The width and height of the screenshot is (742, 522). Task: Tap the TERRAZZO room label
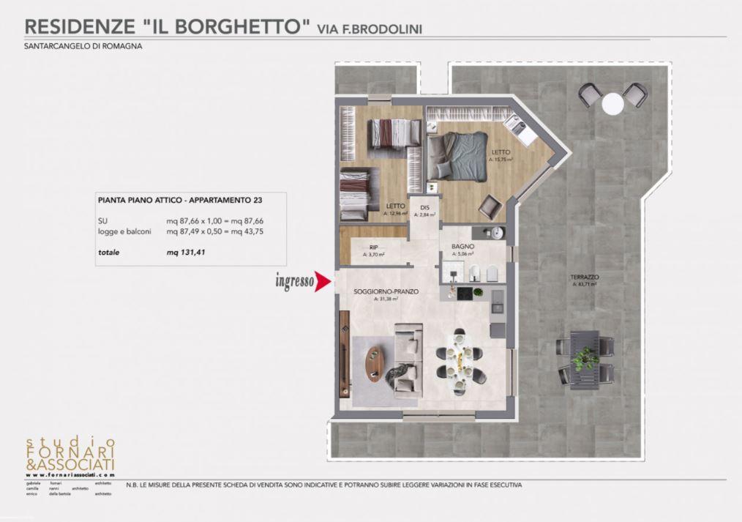coord(585,277)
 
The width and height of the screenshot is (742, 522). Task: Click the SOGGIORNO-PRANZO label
coord(386,291)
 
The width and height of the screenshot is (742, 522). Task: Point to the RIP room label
coord(373,247)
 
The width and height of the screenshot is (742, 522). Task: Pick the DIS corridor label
coord(424,208)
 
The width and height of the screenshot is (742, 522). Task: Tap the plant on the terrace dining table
coord(585,358)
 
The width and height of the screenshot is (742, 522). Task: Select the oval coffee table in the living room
coord(375,363)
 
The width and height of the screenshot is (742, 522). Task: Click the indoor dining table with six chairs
coord(459,359)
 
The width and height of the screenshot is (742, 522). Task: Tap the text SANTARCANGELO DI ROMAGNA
coord(83,46)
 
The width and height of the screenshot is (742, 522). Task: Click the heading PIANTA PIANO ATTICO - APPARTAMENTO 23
coord(180,199)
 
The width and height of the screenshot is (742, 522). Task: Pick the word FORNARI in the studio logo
coord(70,454)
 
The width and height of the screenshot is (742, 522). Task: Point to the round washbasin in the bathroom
coord(498,233)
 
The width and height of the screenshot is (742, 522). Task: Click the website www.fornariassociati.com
coord(70,474)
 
